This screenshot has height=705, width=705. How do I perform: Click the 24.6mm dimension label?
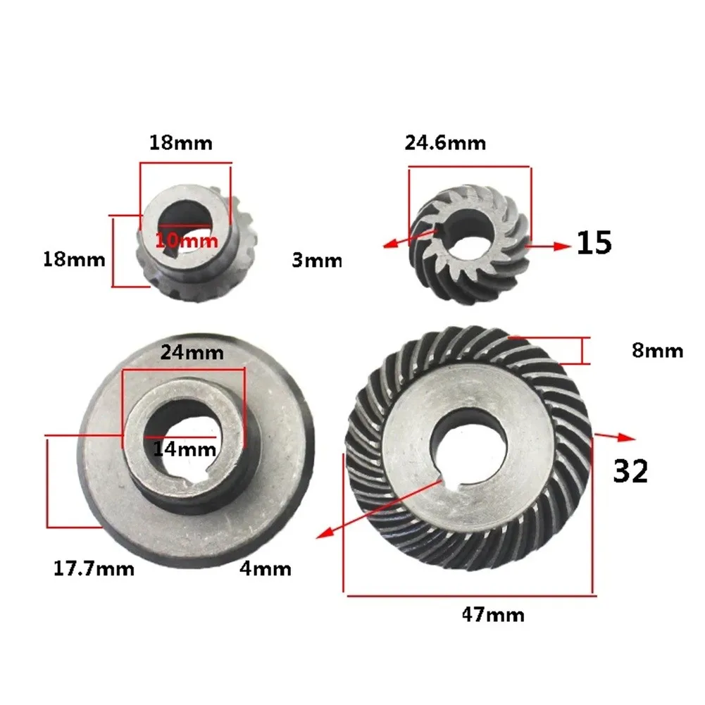click(x=445, y=143)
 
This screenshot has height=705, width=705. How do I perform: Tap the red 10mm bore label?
click(x=187, y=241)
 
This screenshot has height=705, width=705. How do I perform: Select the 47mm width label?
click(x=493, y=614)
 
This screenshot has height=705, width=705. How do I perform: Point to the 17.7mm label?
click(x=94, y=569)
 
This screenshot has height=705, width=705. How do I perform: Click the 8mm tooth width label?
click(x=657, y=351)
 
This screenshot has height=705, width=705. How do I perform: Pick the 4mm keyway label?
click(x=266, y=569)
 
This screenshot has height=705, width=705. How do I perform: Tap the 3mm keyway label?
click(x=317, y=260)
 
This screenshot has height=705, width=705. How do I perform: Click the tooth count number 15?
click(x=594, y=243)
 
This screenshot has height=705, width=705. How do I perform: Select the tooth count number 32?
click(x=630, y=470)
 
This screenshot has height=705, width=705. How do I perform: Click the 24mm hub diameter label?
click(x=192, y=352)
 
